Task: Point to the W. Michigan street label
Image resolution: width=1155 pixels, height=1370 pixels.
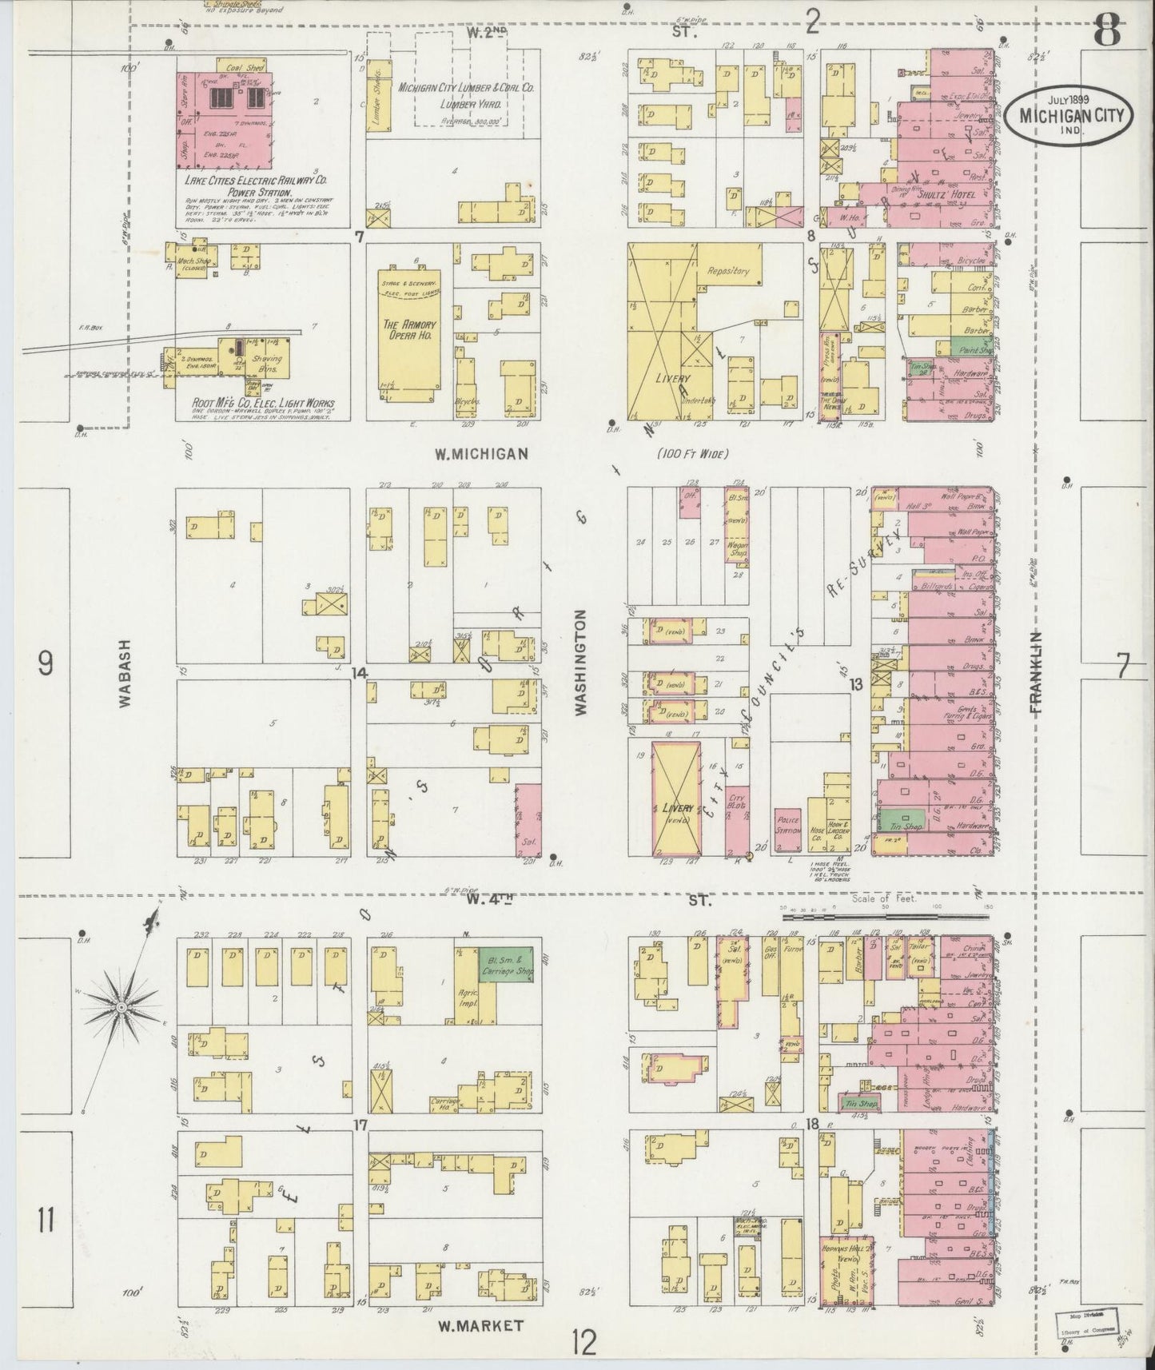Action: (x=481, y=454)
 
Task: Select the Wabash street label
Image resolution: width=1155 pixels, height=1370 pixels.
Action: (x=125, y=676)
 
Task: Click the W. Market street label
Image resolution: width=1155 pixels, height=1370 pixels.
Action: (x=481, y=1325)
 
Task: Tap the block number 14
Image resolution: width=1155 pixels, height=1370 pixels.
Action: (x=359, y=673)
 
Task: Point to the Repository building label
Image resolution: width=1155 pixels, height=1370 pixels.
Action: (x=727, y=272)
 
